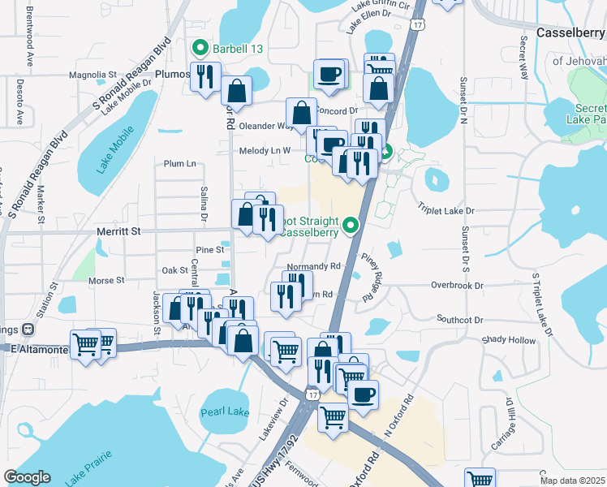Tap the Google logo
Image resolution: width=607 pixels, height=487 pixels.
pyautogui.click(x=27, y=477)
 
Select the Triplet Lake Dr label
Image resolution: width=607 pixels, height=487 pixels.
pyautogui.click(x=446, y=210)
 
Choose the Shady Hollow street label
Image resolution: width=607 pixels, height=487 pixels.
pyautogui.click(x=509, y=340)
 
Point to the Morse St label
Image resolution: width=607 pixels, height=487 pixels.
pyautogui.click(x=106, y=280)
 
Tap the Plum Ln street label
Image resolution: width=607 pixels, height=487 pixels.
pyautogui.click(x=180, y=163)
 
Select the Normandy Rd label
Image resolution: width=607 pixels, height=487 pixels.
pyautogui.click(x=312, y=266)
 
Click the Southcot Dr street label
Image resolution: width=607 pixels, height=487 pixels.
pyautogui.click(x=459, y=320)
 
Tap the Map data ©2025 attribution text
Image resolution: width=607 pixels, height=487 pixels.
pyautogui.click(x=572, y=481)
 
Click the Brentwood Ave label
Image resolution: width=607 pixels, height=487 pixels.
pyautogui.click(x=30, y=37)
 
